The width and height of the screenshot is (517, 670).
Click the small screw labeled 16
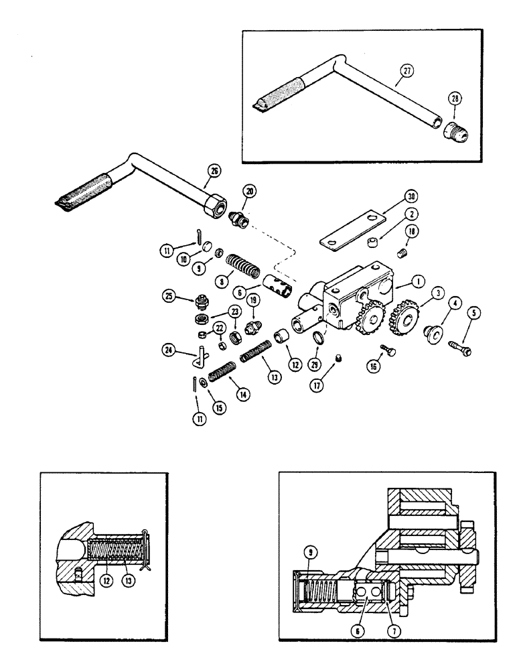(x=389, y=350)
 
